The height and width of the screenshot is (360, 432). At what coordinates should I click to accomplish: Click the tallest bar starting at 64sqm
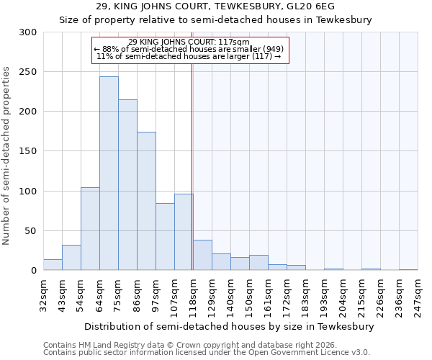[x=109, y=174]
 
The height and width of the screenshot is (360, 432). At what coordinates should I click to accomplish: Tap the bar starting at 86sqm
[x=146, y=201]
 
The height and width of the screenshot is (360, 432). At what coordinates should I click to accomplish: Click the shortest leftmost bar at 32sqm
[x=53, y=265]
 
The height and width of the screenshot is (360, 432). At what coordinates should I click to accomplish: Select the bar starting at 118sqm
[x=202, y=256]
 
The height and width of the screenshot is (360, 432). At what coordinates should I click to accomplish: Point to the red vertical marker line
[x=192, y=166]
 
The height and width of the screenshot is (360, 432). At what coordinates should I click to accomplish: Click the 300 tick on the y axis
[x=28, y=32]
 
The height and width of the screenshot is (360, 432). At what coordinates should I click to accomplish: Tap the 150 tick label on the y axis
[x=28, y=151]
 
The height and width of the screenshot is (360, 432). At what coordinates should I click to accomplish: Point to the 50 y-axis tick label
[x=31, y=231]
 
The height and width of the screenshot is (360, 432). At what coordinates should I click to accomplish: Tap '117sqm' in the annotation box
[x=235, y=42]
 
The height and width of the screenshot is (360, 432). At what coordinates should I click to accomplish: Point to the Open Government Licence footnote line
[x=207, y=353]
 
